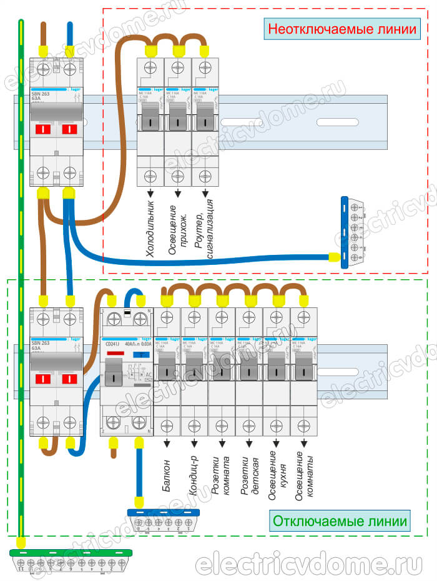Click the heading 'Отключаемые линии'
tap(341, 520)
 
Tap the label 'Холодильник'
tap(150, 229)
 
